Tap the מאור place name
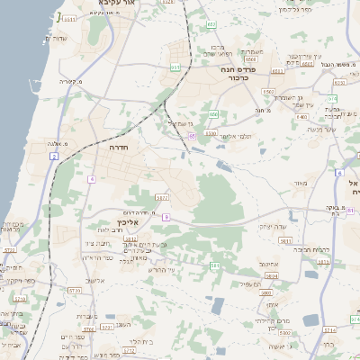pos(300,184)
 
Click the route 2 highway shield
pos(54,157)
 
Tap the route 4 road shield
pos(92,178)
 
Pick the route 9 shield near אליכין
pos(166,216)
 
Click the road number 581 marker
pos(214,266)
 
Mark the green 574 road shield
pos(332,98)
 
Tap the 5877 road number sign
pos(162,197)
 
